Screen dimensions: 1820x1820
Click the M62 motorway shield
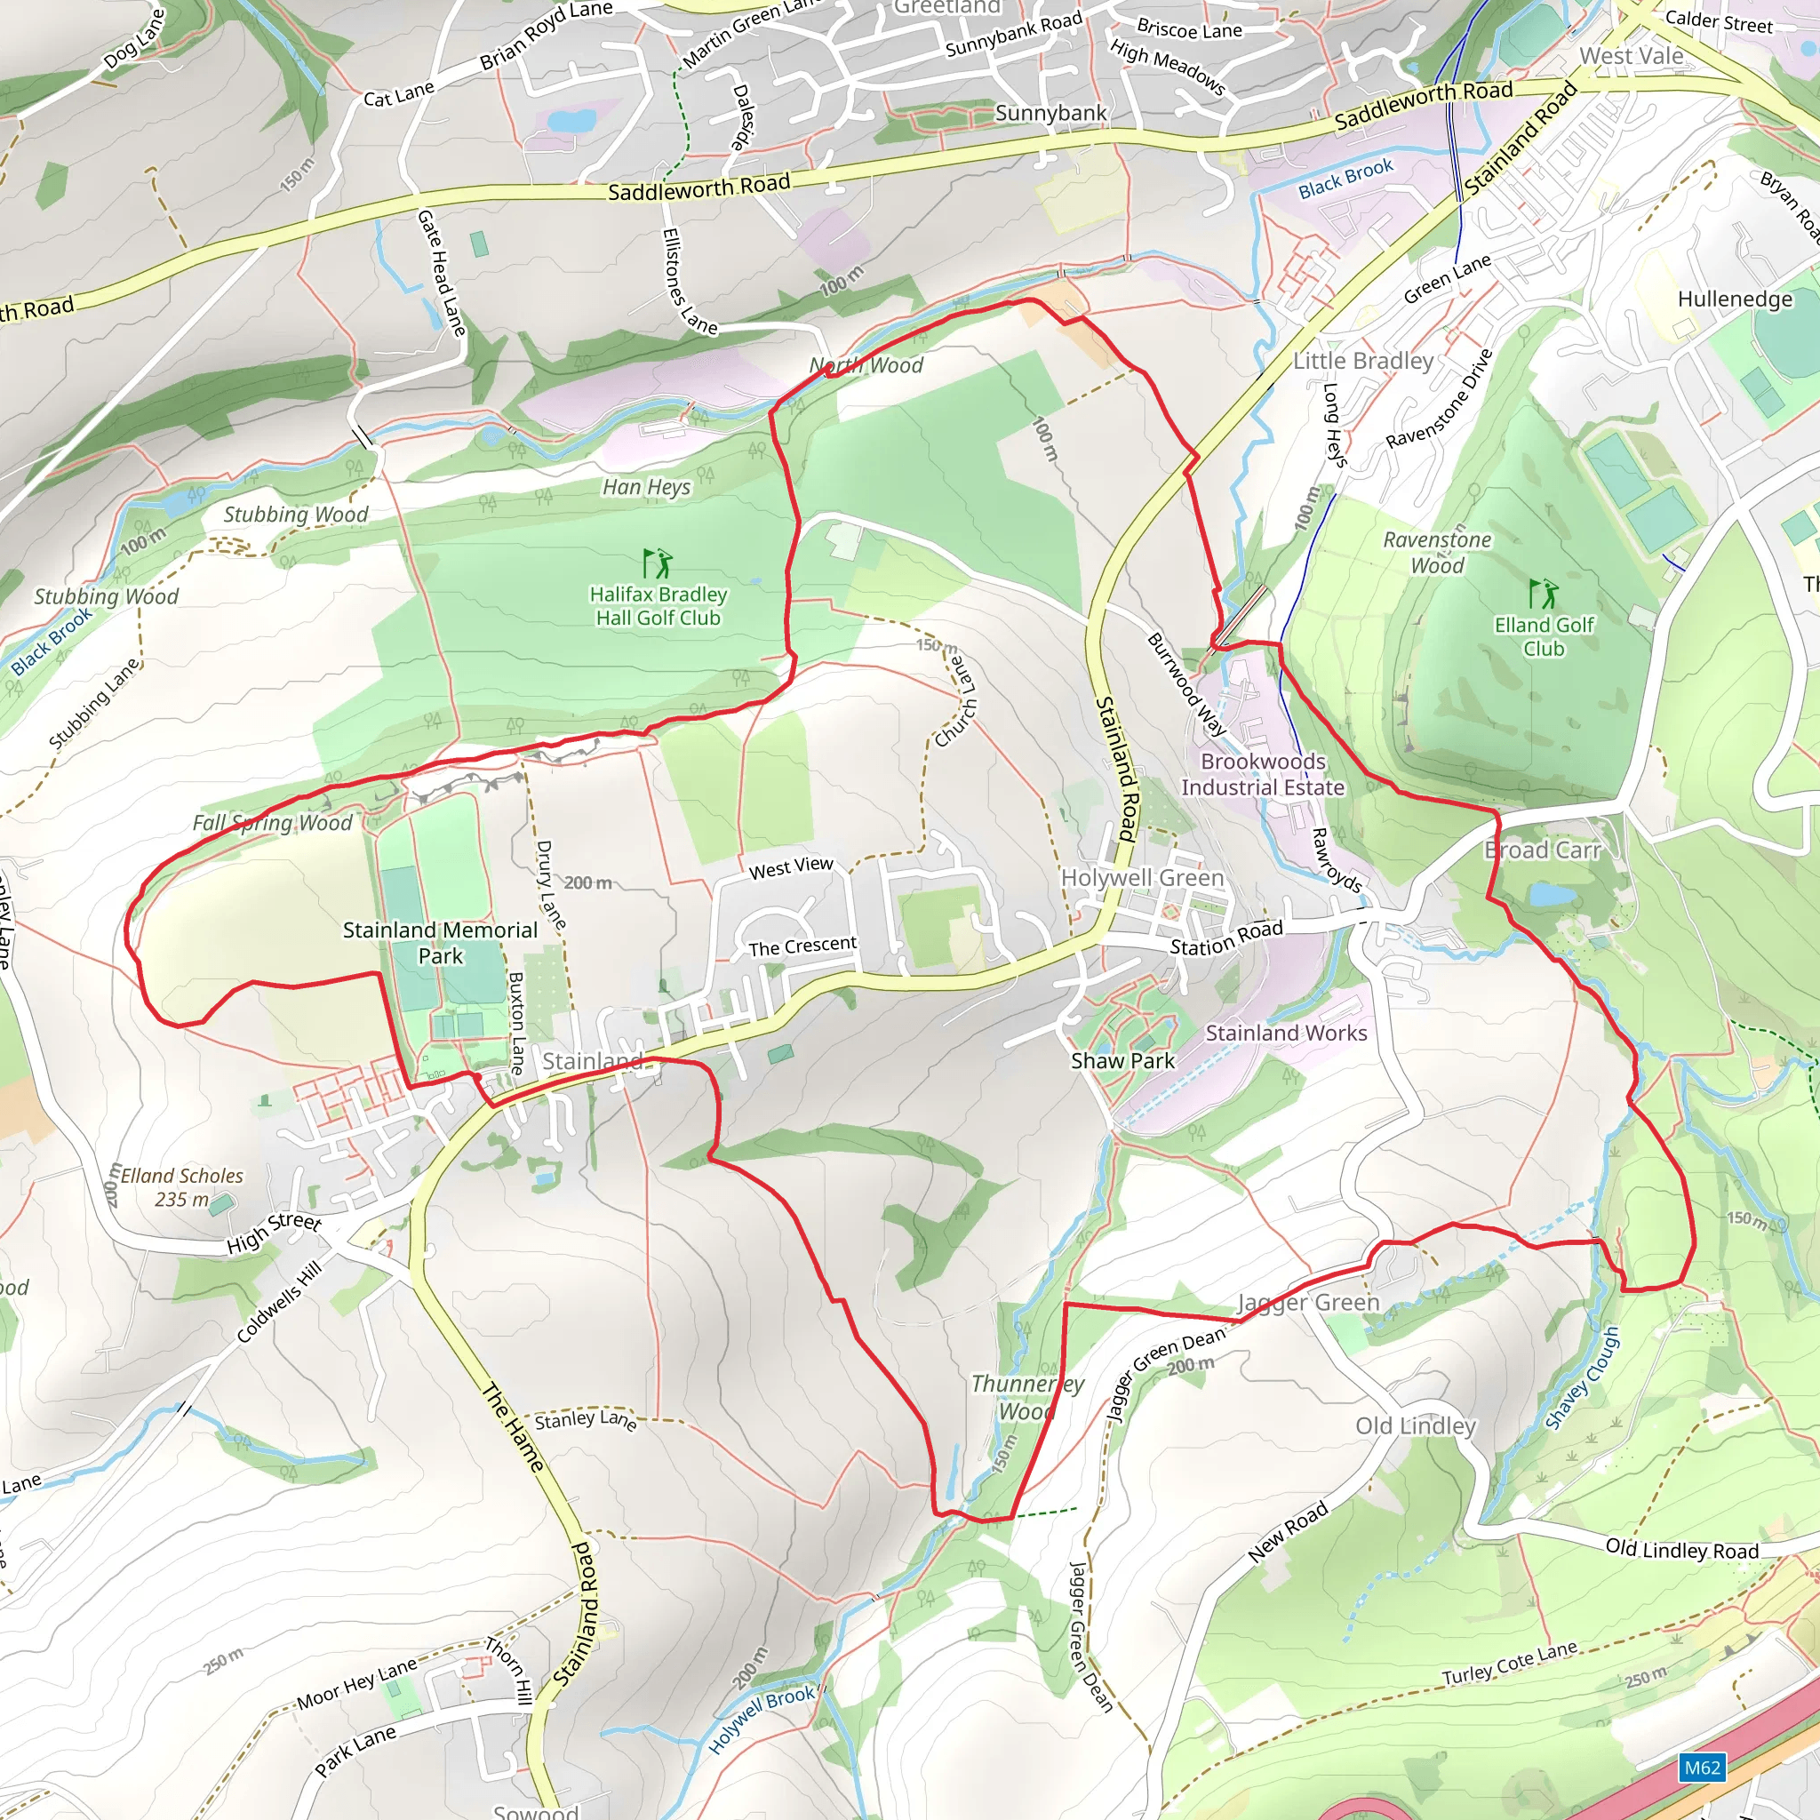(x=1701, y=1767)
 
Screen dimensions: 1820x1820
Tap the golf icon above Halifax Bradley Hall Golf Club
(x=658, y=563)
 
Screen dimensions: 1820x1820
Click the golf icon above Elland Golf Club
(x=1543, y=594)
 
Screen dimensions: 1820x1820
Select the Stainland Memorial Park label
(x=440, y=942)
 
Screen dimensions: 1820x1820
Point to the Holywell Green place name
(x=1143, y=877)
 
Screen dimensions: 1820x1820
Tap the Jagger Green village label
(x=1307, y=1303)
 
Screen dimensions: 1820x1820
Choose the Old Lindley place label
(x=1415, y=1425)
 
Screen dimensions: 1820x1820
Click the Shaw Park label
(x=1123, y=1061)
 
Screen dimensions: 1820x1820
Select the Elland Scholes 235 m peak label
(x=182, y=1187)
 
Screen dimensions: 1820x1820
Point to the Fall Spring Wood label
(x=272, y=822)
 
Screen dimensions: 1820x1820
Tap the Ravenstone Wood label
(x=1437, y=552)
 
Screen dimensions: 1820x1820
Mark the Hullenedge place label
(x=1736, y=299)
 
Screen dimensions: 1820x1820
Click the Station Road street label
(x=1225, y=938)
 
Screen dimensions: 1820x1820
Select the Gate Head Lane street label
(x=441, y=273)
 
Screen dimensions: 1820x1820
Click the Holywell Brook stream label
(x=762, y=1720)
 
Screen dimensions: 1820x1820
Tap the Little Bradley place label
(x=1363, y=361)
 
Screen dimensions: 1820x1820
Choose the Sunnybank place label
(x=1050, y=113)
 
